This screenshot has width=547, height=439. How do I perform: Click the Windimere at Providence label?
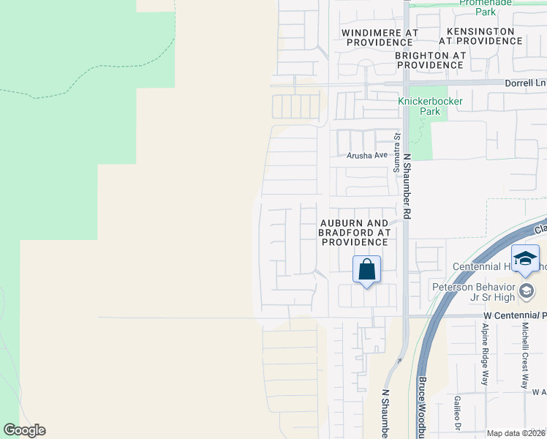381,38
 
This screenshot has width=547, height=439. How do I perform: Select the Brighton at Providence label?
430,60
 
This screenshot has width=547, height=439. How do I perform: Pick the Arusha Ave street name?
368,155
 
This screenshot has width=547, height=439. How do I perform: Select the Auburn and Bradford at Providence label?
354,232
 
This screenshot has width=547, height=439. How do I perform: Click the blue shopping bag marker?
366,269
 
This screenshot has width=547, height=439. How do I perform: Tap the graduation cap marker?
525,259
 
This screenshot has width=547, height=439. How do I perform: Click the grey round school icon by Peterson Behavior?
526,292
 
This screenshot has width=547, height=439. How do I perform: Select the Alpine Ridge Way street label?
484,363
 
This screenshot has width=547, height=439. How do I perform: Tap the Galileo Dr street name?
456,413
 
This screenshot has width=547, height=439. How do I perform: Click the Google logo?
24,430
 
